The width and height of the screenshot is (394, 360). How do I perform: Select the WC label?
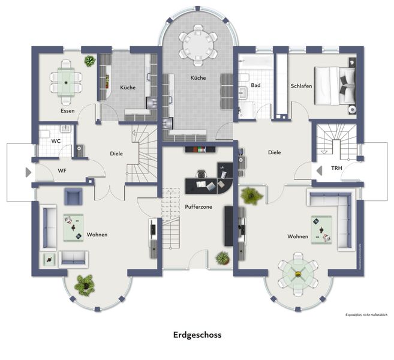click(55, 141)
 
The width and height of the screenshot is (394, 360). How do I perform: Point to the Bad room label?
click(256, 86)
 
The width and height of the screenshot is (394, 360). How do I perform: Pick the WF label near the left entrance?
click(62, 171)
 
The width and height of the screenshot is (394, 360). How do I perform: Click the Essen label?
click(67, 111)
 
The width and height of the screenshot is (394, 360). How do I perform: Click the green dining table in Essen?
click(66, 80)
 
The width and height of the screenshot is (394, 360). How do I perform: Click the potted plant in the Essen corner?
click(89, 61)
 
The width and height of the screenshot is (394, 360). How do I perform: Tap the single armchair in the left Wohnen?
click(74, 196)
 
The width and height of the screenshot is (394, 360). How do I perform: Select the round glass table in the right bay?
click(298, 274)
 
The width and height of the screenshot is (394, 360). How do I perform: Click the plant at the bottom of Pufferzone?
click(222, 258)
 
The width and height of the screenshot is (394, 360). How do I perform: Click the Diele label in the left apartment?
click(116, 154)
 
